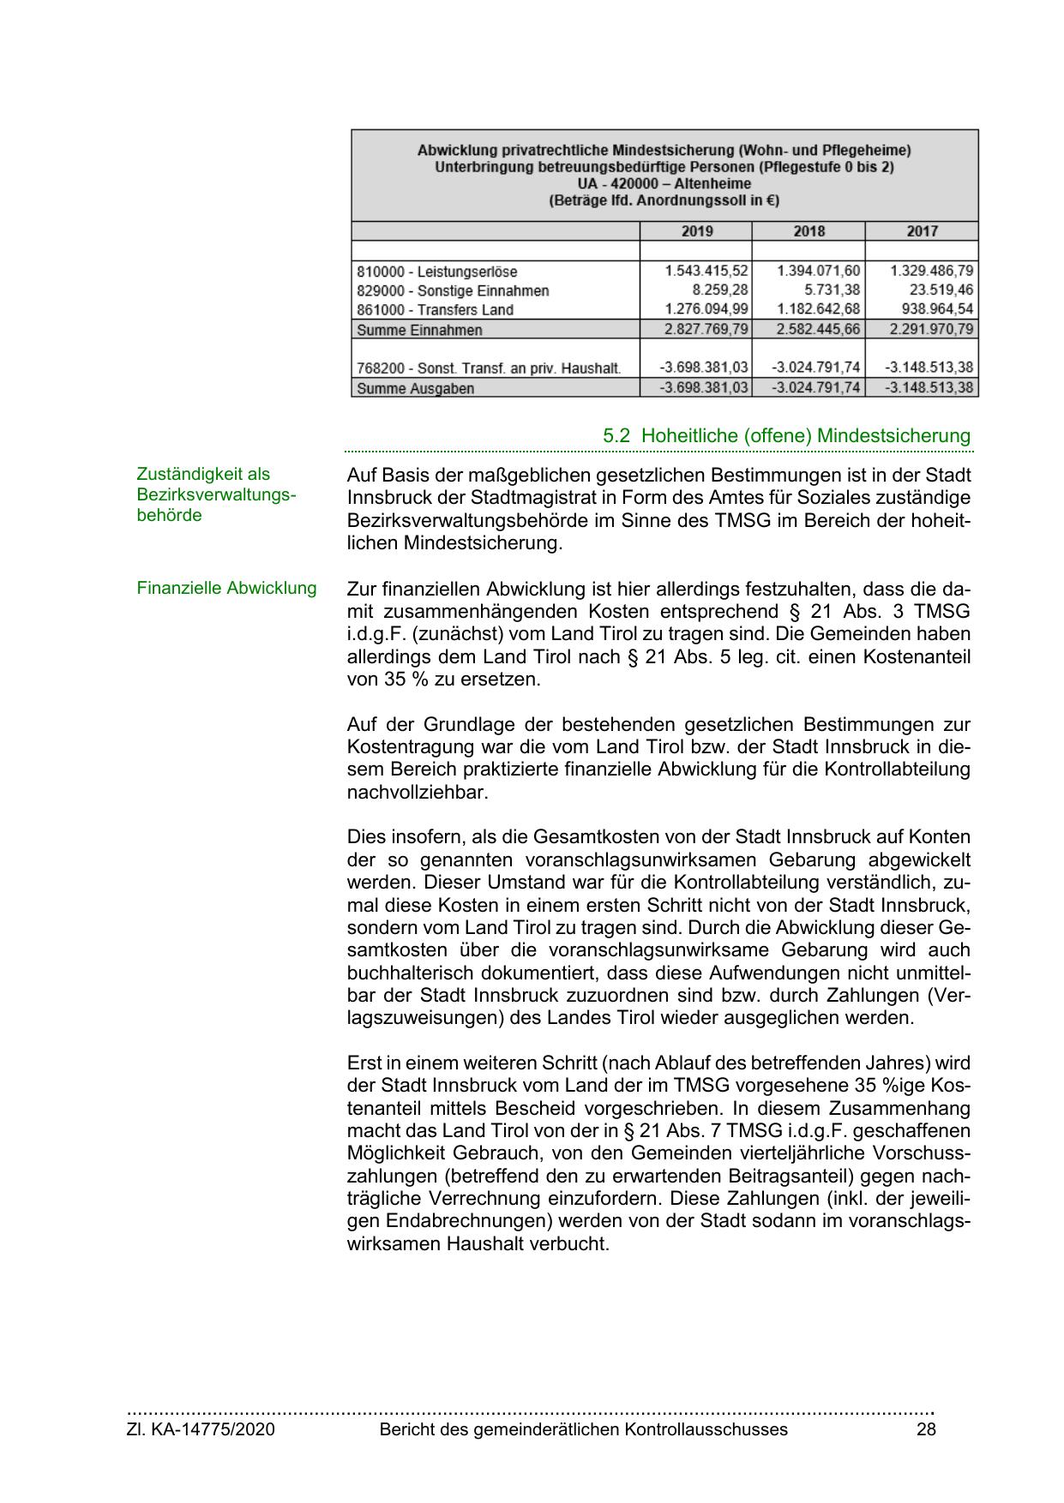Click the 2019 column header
(696, 231)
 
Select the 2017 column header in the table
(922, 231)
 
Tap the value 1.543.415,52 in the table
(706, 271)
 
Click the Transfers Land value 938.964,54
(933, 308)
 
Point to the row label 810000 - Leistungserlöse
(437, 272)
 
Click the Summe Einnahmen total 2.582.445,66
(818, 329)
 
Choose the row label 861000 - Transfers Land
(435, 309)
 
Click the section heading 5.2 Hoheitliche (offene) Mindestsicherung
(786, 435)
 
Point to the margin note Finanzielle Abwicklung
(226, 589)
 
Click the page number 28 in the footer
(925, 1429)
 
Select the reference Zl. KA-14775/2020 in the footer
(201, 1429)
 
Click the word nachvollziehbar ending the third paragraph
(417, 792)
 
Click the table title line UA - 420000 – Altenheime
(664, 183)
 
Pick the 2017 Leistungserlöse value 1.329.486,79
(932, 271)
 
